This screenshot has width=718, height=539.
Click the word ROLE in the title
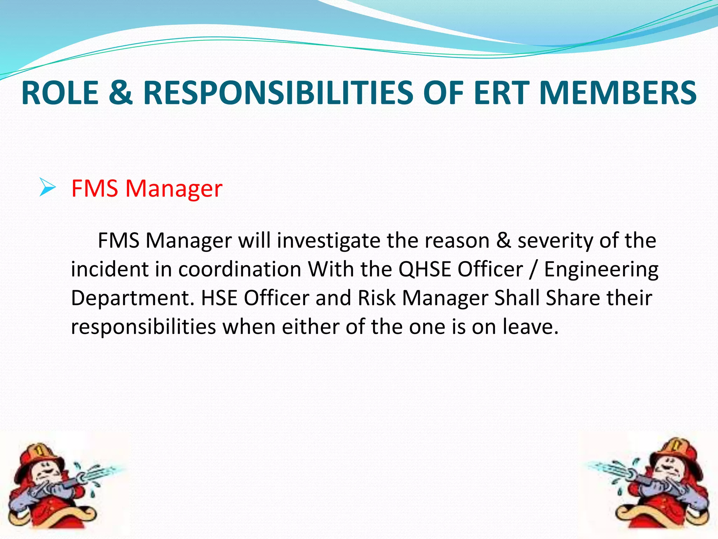click(x=60, y=93)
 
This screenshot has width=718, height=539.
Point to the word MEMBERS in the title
click(x=618, y=93)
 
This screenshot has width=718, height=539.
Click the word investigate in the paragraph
click(x=328, y=241)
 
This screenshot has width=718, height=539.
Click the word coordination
click(x=240, y=269)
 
